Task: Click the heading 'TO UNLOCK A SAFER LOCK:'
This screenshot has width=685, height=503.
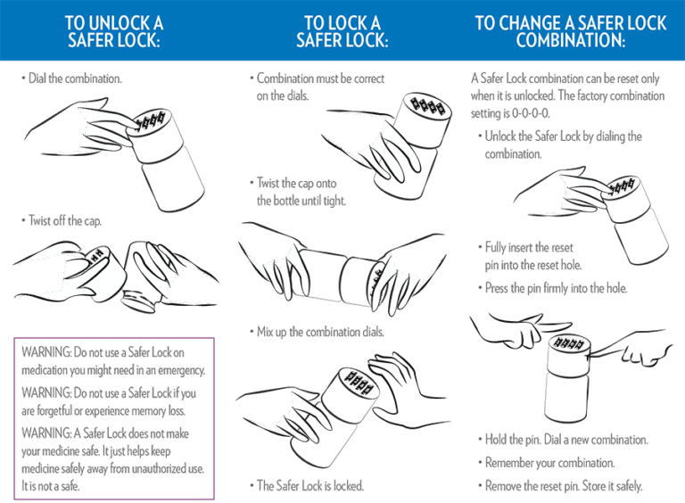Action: point(114,31)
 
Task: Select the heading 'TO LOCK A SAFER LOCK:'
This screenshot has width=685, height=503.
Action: point(342,31)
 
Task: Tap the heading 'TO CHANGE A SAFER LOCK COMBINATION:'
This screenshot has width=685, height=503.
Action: point(571,31)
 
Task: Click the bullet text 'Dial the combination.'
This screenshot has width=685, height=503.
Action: point(75,78)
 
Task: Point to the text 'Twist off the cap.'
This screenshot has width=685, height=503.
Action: point(65,220)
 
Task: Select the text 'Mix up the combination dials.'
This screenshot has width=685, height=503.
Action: point(320,332)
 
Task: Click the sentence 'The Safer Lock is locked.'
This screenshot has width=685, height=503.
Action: point(310,485)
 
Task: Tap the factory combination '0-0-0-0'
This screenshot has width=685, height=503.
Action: point(531,113)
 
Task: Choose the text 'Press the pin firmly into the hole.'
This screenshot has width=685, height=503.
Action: point(557,288)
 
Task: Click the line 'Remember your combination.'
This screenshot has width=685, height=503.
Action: point(550,462)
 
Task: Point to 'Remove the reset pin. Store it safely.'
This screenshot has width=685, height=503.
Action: point(564,485)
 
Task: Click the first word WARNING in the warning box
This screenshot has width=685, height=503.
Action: point(46,352)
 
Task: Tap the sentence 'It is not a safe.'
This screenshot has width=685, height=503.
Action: point(51,485)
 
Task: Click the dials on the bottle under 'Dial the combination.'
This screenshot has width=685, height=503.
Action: point(150,121)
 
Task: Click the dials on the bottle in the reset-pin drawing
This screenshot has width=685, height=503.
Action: point(567,342)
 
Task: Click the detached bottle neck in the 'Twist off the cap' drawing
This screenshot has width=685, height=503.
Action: point(140,301)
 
